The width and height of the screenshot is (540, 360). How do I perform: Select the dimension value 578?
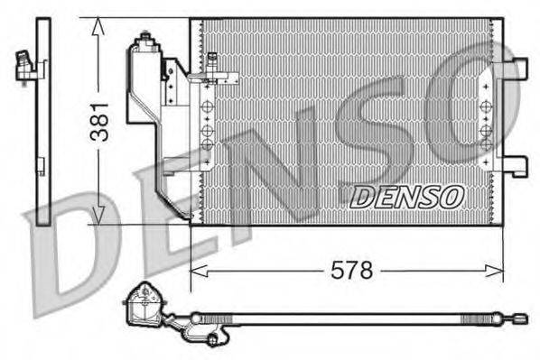(350, 270)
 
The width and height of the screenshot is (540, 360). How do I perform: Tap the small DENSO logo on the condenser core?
(406, 196)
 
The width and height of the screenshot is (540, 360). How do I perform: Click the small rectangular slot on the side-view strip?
(40, 164)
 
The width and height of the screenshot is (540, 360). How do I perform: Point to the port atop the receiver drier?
(142, 40)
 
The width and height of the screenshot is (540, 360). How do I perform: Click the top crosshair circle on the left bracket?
(207, 107)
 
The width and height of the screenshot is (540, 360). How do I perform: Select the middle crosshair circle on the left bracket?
(207, 125)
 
